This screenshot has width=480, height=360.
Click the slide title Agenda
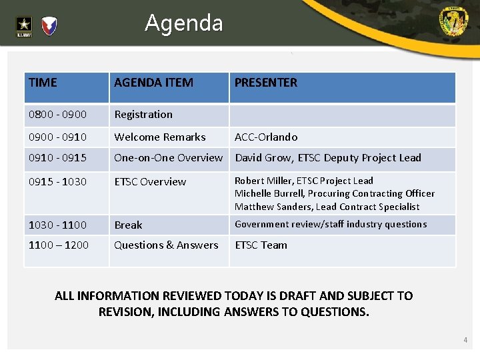[x=184, y=23]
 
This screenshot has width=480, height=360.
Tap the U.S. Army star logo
[x=24, y=26]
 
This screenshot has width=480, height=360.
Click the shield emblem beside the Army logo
[x=49, y=26]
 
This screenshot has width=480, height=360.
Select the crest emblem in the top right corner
[x=453, y=22]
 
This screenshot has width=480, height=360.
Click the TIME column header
[x=43, y=83]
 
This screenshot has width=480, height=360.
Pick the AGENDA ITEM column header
[x=154, y=83]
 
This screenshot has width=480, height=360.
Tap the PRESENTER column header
[x=266, y=83]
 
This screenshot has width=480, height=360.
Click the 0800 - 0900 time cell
[x=57, y=115]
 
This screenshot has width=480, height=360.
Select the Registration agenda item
[x=143, y=115]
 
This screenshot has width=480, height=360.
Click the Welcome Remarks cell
[x=160, y=137]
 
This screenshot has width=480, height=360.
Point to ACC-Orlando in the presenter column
[x=266, y=137]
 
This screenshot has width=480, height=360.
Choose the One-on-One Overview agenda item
[x=169, y=158]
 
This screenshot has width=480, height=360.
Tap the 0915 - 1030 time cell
[x=57, y=181]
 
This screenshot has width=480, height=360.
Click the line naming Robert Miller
[x=304, y=181]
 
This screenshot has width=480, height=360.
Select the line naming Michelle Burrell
[x=335, y=193]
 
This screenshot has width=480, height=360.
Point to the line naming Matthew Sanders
[x=327, y=207]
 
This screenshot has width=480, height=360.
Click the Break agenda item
[x=129, y=225]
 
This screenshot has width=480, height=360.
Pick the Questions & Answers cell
[x=166, y=245]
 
